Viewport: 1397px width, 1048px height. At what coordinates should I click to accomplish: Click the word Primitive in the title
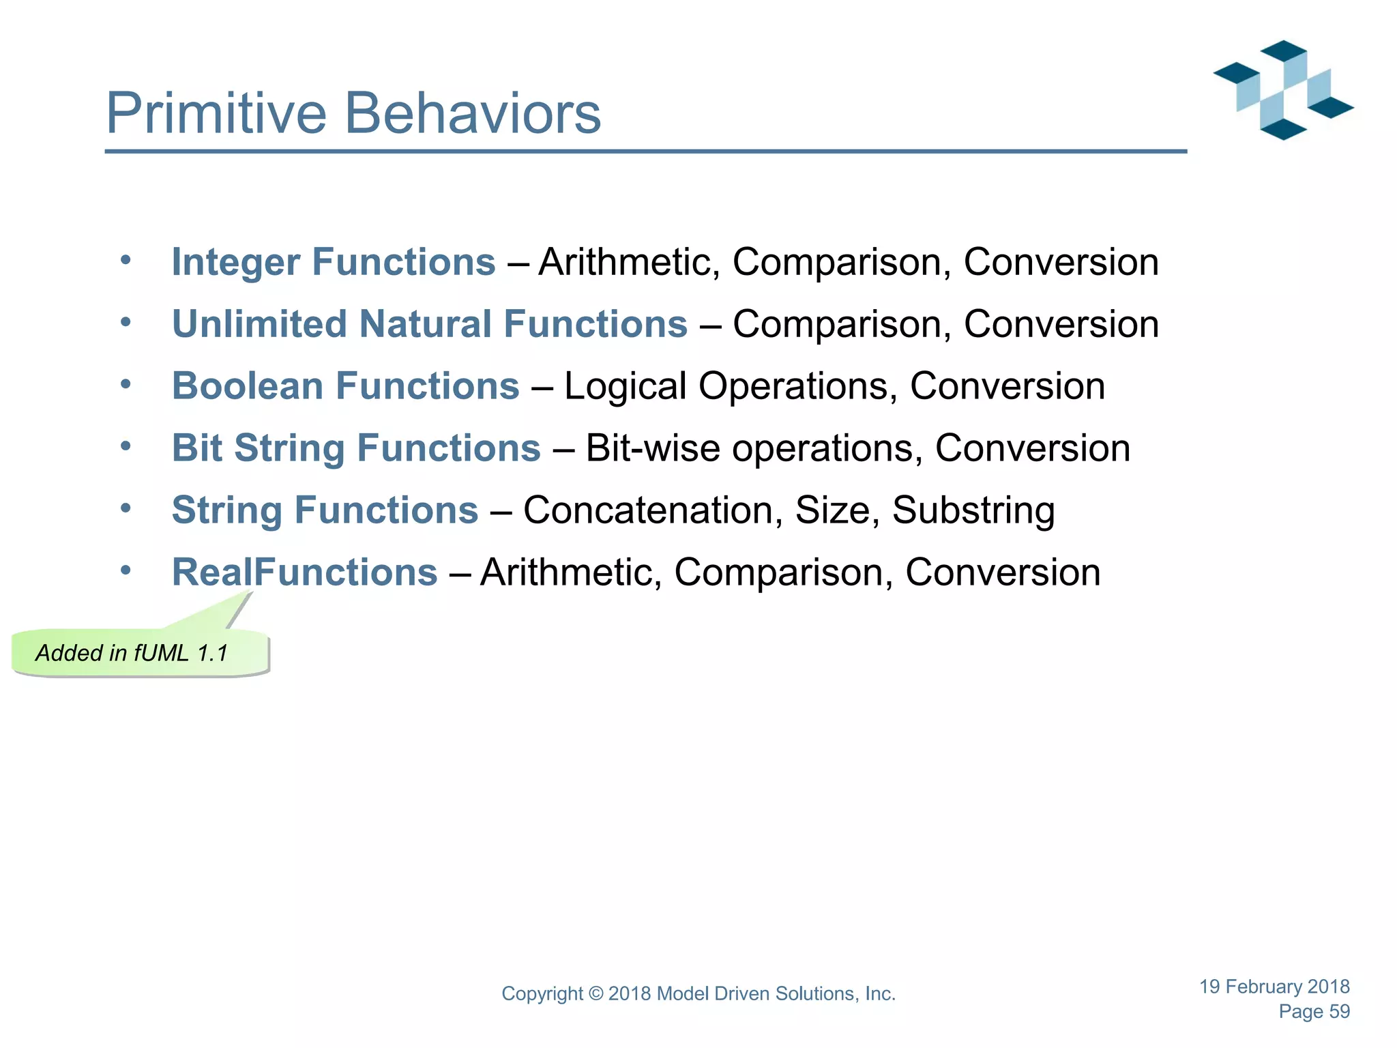[x=216, y=113]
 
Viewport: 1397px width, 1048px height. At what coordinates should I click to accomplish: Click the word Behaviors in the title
[x=473, y=113]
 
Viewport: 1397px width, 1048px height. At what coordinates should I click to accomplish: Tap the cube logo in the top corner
[x=1282, y=90]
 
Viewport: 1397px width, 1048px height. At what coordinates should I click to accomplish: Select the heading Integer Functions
[x=333, y=262]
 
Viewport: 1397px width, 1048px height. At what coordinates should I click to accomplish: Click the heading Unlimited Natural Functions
[x=429, y=324]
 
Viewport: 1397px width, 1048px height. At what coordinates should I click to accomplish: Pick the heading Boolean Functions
[x=345, y=386]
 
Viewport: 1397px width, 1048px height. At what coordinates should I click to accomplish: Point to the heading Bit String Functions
[x=355, y=448]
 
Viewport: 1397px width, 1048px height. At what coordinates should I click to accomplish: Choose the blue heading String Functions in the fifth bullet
[x=325, y=510]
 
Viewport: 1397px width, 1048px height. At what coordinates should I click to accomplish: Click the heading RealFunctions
[x=304, y=572]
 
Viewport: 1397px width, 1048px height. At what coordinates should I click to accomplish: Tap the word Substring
[x=973, y=510]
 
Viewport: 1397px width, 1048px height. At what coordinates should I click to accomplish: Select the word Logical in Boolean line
[x=625, y=387]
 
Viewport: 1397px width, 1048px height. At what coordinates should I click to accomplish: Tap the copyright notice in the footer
[x=698, y=993]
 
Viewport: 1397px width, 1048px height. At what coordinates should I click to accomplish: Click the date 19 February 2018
[x=1274, y=987]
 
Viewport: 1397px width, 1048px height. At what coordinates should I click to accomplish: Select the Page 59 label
[x=1314, y=1011]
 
